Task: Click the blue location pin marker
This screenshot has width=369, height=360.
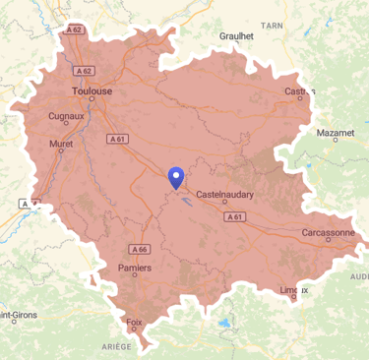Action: point(176,177)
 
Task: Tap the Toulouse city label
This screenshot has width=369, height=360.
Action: point(92,90)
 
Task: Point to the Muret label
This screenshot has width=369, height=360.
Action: point(61,145)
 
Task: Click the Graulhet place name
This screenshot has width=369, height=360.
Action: point(236,35)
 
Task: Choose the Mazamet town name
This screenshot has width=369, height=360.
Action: point(336,131)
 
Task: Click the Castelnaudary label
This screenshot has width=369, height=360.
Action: point(225,195)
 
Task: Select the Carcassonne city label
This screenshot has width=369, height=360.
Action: point(328,233)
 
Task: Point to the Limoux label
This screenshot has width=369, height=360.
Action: point(294,290)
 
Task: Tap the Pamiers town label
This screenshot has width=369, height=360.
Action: point(135,267)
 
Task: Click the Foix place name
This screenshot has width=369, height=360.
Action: point(135,322)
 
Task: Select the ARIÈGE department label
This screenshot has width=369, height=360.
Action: point(116,347)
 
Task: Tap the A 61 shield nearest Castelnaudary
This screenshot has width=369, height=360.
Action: point(234,215)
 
